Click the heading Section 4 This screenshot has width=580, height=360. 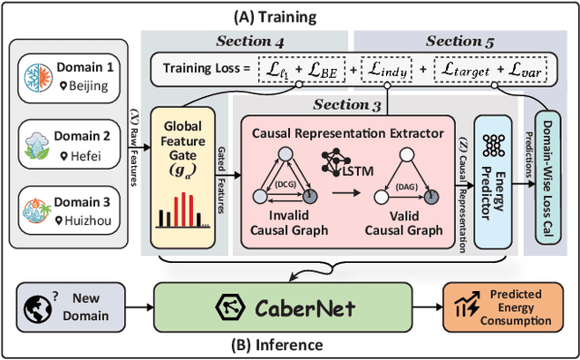[249, 41]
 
